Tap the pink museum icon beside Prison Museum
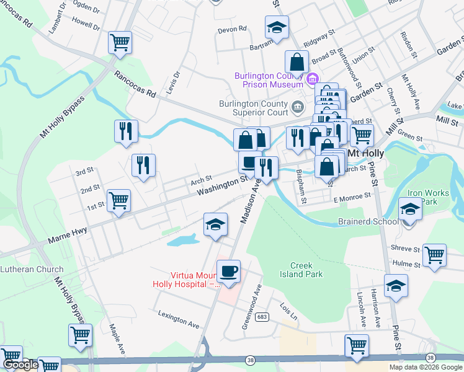coord(313,79)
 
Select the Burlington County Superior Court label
coord(253,108)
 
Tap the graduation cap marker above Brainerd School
coord(410,209)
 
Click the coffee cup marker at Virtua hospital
coord(229,271)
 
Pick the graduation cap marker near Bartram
coord(277,27)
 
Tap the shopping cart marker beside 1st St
coord(118,200)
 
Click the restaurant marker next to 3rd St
coord(143,165)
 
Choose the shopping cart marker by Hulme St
coord(434,254)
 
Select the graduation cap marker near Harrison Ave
coord(396,285)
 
